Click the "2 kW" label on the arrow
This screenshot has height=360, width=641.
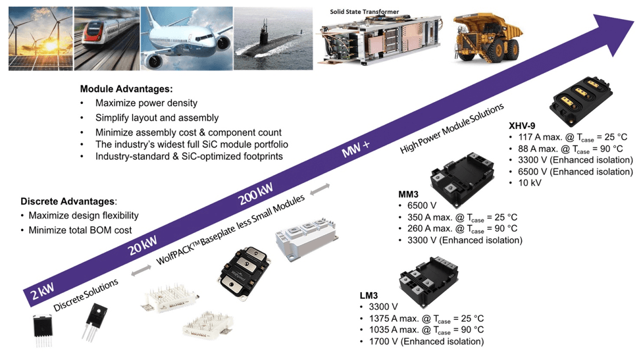click(41, 288)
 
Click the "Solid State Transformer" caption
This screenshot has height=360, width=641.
click(364, 11)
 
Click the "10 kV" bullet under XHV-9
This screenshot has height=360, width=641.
click(530, 182)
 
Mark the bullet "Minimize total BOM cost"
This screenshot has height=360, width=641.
click(80, 230)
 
